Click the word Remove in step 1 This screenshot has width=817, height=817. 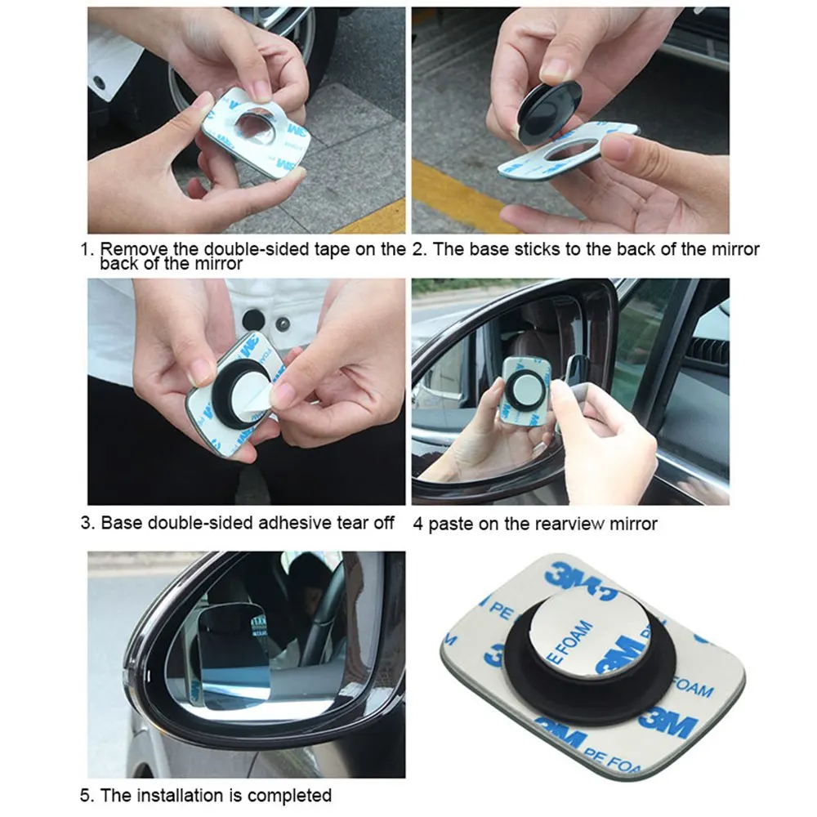tap(133, 248)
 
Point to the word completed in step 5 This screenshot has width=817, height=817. tap(290, 796)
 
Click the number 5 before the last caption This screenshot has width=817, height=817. tap(86, 796)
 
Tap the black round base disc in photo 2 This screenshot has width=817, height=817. tap(549, 114)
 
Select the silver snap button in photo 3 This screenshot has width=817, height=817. tap(283, 324)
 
